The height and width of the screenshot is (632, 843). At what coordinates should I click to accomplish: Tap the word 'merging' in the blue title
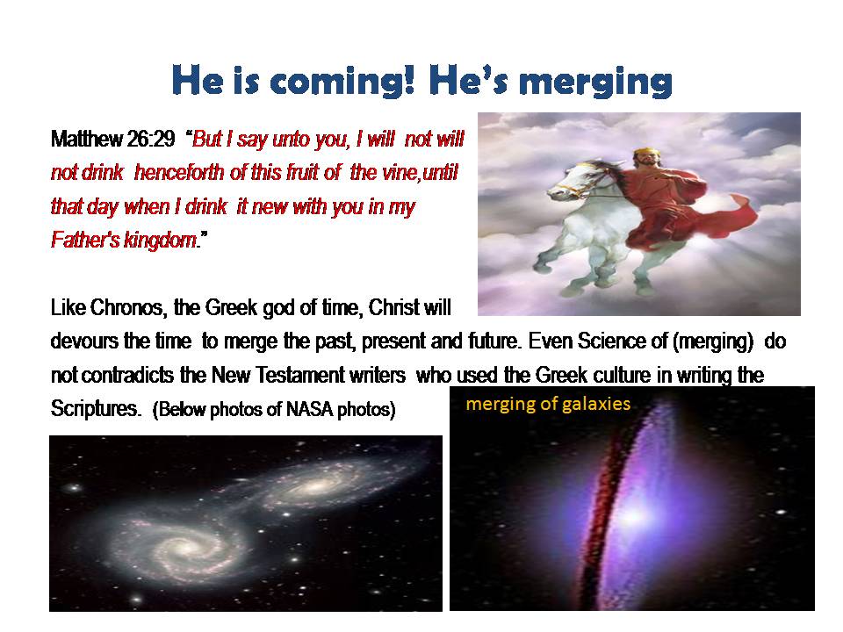595,83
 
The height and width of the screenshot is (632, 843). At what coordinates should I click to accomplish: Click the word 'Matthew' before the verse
87,140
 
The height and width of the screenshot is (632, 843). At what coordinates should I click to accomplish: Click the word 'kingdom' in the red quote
160,241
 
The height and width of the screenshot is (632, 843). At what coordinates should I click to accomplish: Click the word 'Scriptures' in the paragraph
95,409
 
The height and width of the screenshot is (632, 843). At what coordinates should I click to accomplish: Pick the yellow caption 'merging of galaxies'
548,404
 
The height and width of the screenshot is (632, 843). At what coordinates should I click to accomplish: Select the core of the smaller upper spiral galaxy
315,487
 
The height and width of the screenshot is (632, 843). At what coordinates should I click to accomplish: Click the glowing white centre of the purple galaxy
635,517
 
